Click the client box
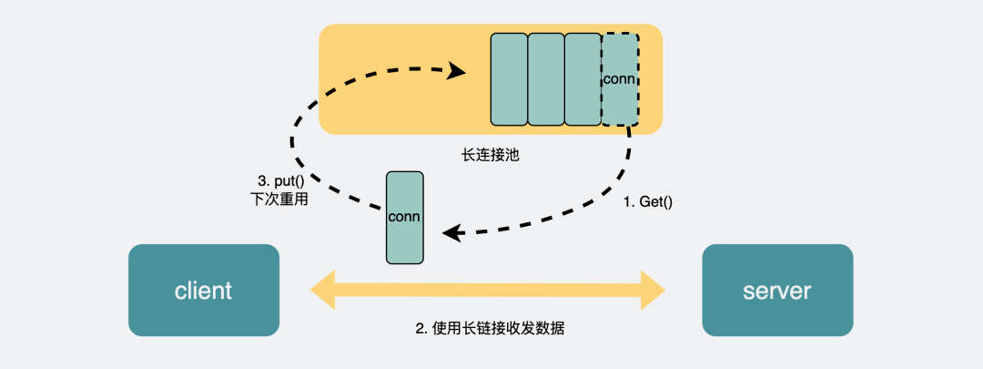[203, 291]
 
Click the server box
[776, 291]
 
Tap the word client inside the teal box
[203, 291]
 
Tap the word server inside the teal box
[776, 291]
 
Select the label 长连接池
[490, 155]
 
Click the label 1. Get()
[647, 202]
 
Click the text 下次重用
[278, 199]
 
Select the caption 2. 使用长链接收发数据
[490, 328]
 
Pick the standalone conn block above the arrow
[405, 218]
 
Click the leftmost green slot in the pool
[509, 79]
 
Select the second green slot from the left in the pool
[546, 79]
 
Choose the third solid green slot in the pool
[583, 79]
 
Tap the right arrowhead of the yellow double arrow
[654, 291]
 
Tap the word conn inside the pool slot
[620, 79]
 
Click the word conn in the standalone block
[404, 217]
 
